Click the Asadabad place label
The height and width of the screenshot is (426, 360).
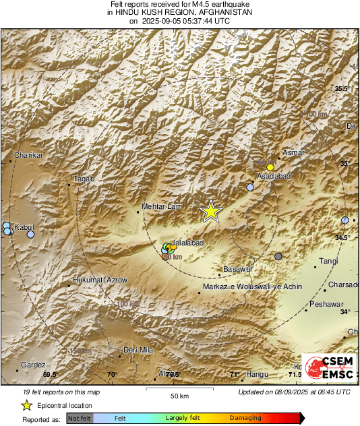272,177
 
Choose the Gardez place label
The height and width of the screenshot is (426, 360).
32,364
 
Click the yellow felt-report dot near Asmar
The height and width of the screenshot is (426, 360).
270,166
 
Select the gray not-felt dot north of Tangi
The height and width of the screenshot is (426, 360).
278,256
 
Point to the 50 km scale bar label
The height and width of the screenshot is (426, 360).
179,395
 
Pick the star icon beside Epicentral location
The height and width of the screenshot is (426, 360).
27,405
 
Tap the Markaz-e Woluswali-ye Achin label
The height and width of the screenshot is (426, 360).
253,286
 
